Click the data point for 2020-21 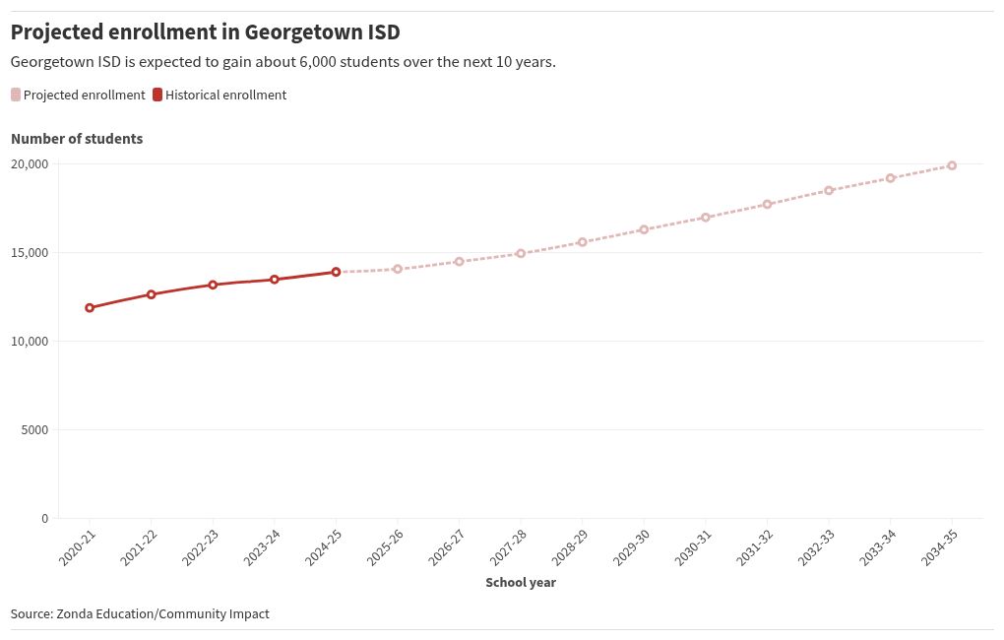[x=90, y=308]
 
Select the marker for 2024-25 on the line [x=336, y=272]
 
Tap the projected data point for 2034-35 [x=952, y=165]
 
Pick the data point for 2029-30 [x=644, y=229]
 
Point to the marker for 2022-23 [x=213, y=285]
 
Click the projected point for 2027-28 [x=521, y=253]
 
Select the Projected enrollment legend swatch [x=16, y=96]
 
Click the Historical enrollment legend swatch [x=157, y=96]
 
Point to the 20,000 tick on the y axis [x=30, y=164]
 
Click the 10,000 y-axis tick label [x=30, y=342]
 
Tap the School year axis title [x=521, y=583]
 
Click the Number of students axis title [x=77, y=139]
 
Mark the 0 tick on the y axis [x=45, y=519]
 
